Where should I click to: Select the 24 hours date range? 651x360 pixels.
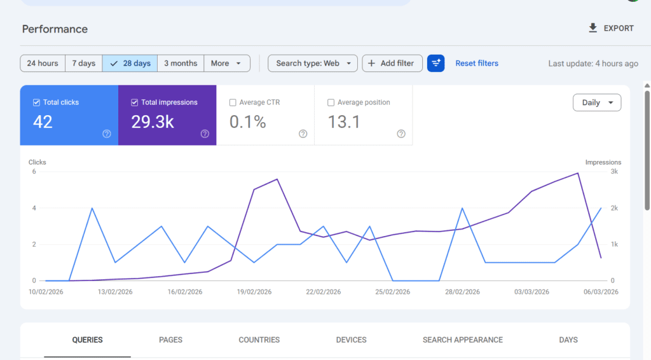(x=43, y=64)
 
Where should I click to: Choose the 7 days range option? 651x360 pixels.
(x=83, y=64)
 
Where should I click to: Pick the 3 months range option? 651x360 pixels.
(x=181, y=64)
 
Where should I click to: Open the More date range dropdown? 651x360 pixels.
(x=226, y=64)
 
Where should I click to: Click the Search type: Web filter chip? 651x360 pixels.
(x=313, y=64)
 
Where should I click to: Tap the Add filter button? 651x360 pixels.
(x=392, y=64)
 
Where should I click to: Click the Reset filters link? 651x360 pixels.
(x=477, y=64)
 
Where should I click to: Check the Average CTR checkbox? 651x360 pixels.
(x=233, y=102)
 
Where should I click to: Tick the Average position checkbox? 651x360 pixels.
(x=331, y=102)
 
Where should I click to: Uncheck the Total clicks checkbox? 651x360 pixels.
(x=36, y=102)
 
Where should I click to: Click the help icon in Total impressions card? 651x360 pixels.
(x=205, y=134)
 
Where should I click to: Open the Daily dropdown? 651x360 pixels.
(x=596, y=102)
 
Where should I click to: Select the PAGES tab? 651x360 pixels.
(x=170, y=340)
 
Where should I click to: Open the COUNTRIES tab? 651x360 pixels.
(x=259, y=340)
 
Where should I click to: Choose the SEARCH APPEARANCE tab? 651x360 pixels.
(x=462, y=340)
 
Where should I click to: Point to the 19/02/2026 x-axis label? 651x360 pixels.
(x=254, y=292)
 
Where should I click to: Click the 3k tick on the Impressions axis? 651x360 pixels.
(x=614, y=172)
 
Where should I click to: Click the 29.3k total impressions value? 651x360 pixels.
(x=153, y=122)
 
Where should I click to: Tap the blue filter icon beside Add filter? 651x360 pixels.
(x=435, y=64)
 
